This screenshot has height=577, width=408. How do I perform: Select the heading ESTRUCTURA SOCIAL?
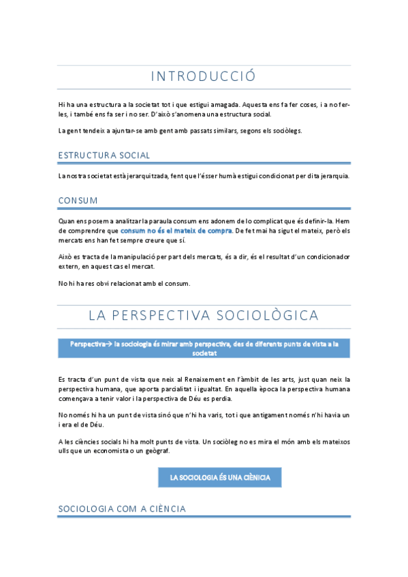click(104, 155)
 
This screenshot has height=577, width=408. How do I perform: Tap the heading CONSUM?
click(78, 200)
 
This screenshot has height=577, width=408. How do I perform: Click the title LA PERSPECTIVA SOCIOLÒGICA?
click(204, 315)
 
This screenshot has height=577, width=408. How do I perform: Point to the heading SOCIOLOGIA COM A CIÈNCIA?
click(122, 508)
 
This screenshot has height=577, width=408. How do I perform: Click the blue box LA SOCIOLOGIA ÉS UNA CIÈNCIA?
click(220, 478)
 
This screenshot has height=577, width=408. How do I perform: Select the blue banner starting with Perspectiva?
click(204, 348)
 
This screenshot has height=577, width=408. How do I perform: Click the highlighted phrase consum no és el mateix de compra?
click(176, 231)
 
